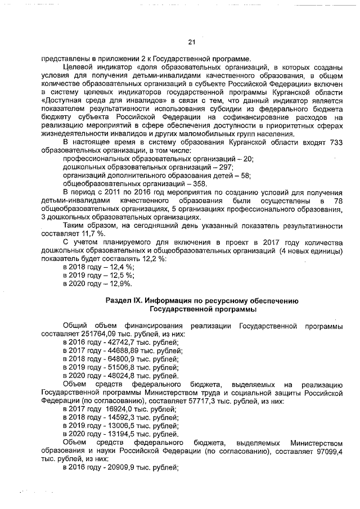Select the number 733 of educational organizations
pyautogui.click(x=335, y=143)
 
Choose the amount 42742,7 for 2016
pyautogui.click(x=114, y=341)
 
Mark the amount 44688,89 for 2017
pyautogui.click(x=115, y=350)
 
